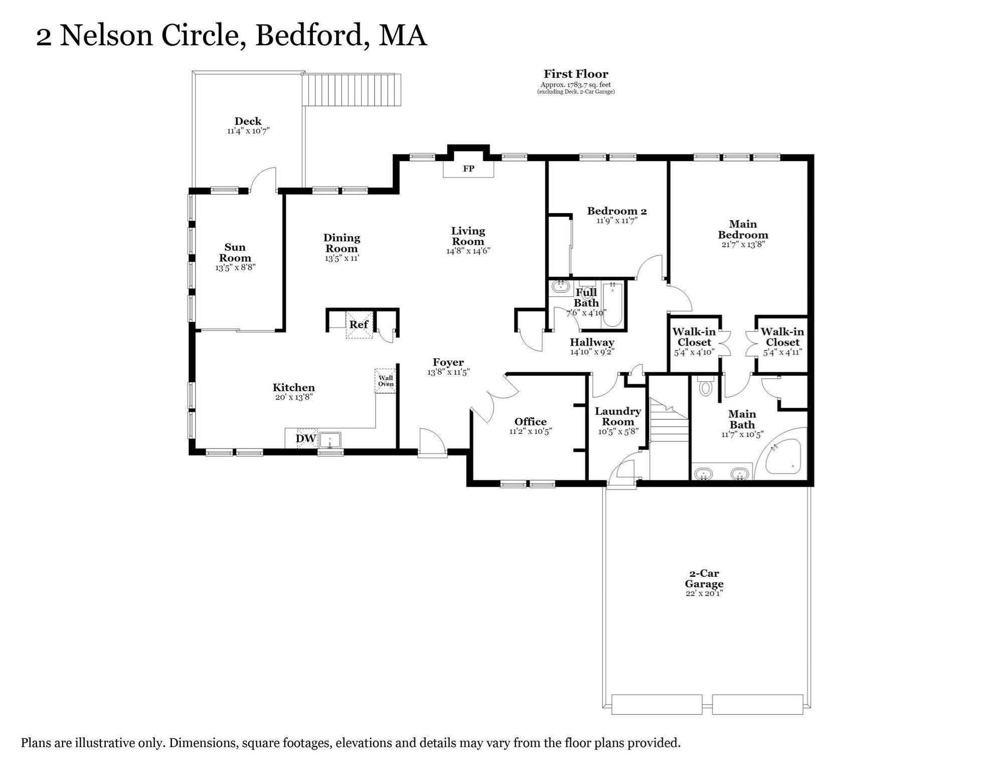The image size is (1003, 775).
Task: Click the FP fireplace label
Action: coord(468,169)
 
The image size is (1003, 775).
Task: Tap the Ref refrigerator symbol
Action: coord(359,325)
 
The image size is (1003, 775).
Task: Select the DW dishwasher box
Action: coord(306,438)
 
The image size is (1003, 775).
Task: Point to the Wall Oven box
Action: coord(386,381)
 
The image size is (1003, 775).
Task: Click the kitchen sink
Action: coord(329,440)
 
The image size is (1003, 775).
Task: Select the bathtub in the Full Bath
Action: coord(612,305)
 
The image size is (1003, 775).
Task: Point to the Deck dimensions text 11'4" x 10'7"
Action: coord(248,131)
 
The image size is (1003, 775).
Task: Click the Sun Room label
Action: coord(235,252)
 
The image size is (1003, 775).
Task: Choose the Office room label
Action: coord(531,421)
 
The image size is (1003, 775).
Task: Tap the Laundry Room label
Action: coord(618,416)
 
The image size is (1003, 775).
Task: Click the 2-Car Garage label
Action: coord(704,578)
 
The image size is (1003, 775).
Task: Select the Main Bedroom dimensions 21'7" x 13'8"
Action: coord(743,245)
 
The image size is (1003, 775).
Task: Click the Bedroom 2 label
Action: coord(617,211)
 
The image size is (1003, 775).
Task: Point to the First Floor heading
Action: coord(576,74)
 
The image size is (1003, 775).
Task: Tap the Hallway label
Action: coord(592,342)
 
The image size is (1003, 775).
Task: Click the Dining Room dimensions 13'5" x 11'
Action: coord(342,258)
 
